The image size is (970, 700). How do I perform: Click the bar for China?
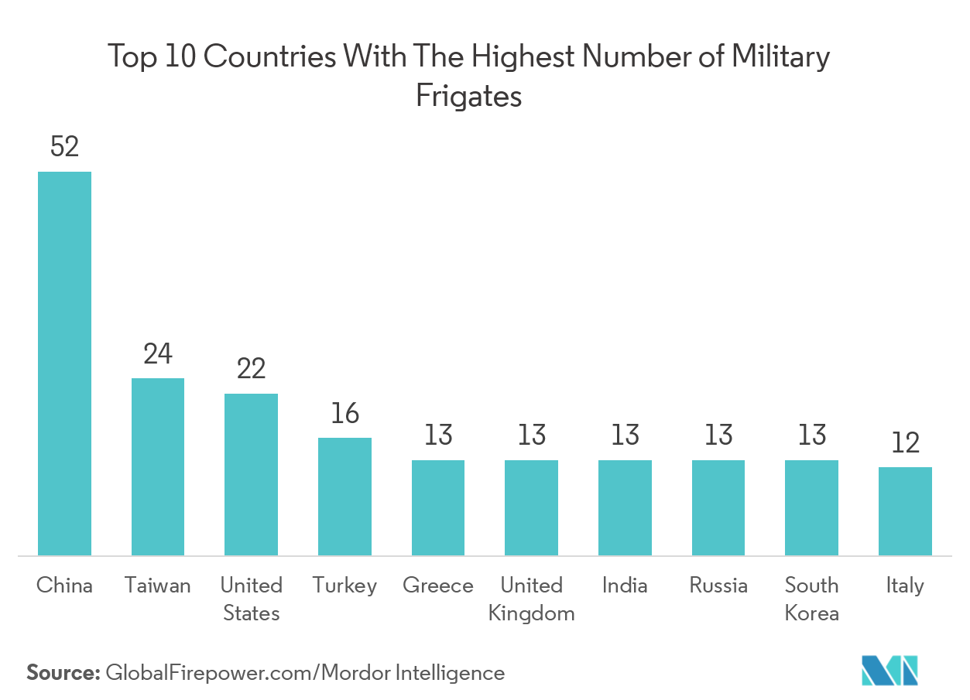pos(65,363)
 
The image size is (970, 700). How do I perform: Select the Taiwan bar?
pos(158,466)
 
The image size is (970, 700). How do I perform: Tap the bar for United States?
pos(251,474)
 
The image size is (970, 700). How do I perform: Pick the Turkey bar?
pos(344,496)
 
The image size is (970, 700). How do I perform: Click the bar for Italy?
pos(905,510)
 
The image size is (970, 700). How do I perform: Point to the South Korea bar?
pos(811,507)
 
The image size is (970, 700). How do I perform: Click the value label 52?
pos(65,147)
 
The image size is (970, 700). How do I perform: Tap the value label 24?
pos(158,354)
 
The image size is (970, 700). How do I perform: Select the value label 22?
pos(251,369)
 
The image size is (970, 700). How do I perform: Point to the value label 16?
pos(344,414)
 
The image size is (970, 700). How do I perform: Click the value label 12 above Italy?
pos(905,443)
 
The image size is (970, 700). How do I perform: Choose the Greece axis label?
pos(438,586)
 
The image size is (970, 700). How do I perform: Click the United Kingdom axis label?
pos(532,599)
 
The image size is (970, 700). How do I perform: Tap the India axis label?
pos(625,586)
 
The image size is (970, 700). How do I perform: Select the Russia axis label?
pos(718,586)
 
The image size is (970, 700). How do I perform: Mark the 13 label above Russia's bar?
pos(718,435)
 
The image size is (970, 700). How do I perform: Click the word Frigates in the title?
pos(468,97)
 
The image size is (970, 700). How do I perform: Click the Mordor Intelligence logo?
pos(890,669)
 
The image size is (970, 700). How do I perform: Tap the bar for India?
pos(625,507)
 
